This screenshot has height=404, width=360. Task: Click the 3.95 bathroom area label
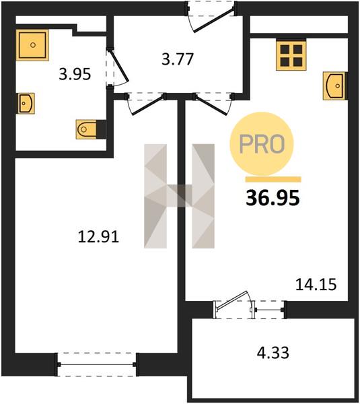(75, 74)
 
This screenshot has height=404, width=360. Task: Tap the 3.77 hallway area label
(178, 59)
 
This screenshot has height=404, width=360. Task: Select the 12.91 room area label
(98, 237)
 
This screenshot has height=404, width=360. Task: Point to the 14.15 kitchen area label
(316, 285)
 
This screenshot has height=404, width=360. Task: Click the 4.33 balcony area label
(273, 353)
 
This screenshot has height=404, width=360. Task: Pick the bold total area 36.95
(273, 198)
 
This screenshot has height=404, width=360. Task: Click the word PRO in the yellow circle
(262, 144)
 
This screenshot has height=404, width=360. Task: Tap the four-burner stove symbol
(291, 55)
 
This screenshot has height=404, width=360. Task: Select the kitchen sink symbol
(334, 86)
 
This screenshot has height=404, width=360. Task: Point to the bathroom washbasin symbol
(26, 103)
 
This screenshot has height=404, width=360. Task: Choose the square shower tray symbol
(32, 45)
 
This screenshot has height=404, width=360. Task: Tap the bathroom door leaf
(119, 67)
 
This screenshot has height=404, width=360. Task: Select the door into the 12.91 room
(146, 105)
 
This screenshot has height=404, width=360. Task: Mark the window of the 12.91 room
(97, 364)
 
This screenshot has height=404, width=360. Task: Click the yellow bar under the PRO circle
(273, 179)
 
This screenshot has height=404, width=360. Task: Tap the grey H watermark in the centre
(179, 196)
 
